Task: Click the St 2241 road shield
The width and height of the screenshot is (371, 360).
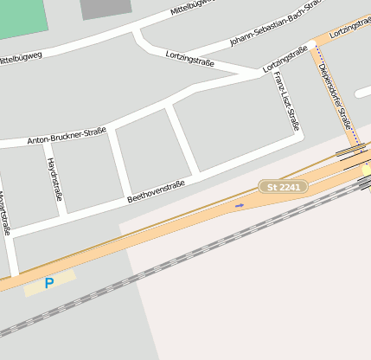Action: coord(283,186)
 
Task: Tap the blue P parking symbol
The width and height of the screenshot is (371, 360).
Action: coord(48,283)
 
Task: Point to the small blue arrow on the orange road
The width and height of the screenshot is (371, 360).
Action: coord(240,205)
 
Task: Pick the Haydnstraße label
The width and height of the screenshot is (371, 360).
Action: coord(54,179)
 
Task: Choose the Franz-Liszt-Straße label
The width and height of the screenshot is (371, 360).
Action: coord(286,101)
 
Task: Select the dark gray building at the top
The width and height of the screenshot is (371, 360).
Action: coord(106,9)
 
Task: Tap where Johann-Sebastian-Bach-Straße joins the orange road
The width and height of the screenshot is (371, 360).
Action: coord(317,36)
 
